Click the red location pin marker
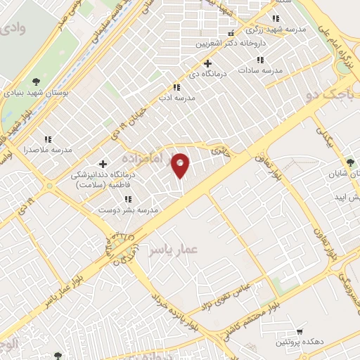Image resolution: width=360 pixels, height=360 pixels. point(181,165)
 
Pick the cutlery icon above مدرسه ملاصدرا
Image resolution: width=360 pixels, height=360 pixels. point(49,139)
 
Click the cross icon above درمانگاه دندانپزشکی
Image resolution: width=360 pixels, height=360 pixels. point(103,164)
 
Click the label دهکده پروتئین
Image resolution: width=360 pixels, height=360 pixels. point(299,342)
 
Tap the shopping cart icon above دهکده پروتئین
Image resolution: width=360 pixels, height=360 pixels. point(300,331)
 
